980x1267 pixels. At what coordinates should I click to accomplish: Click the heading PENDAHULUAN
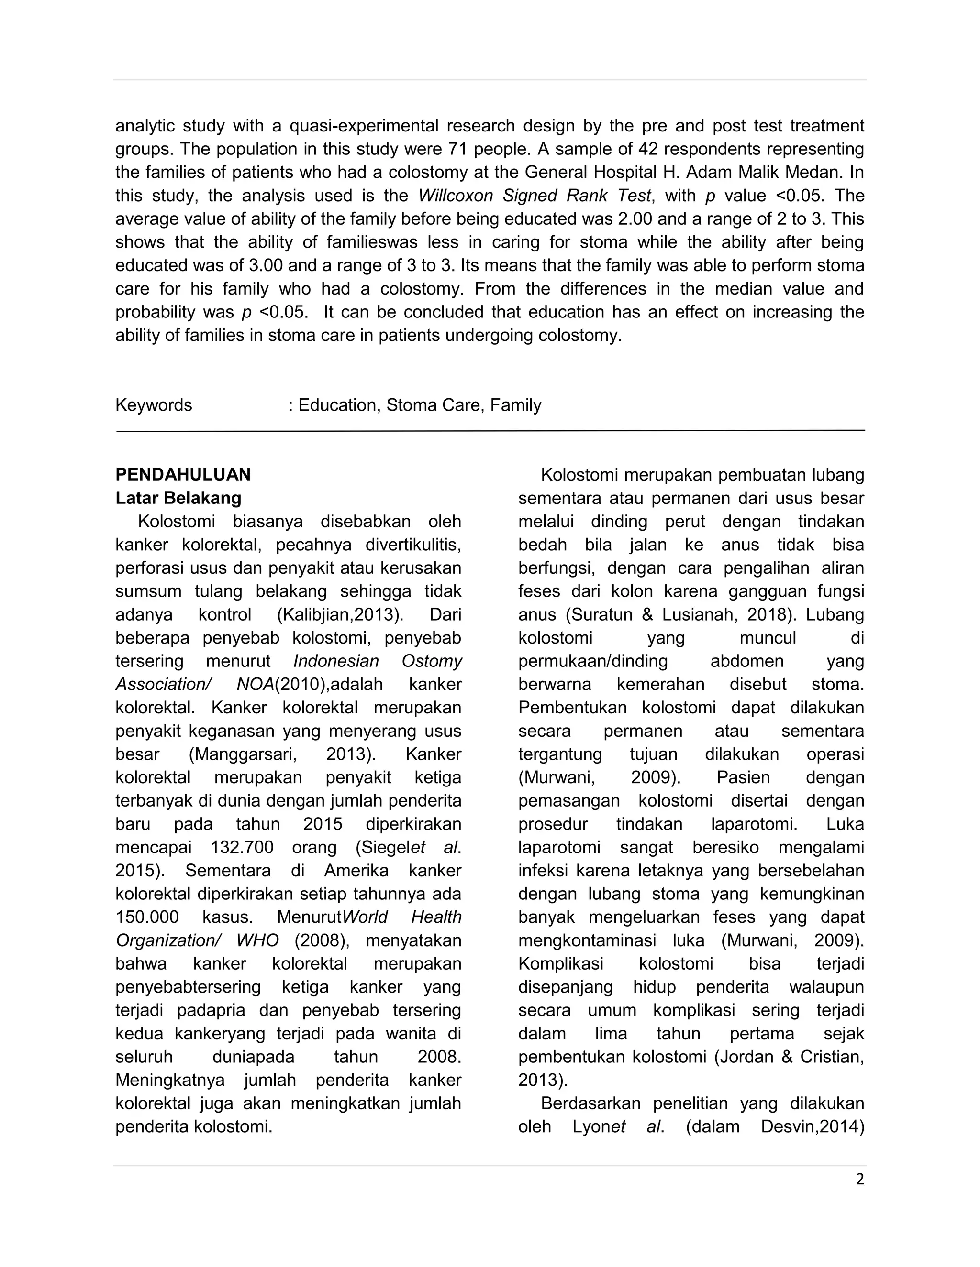pos(183,475)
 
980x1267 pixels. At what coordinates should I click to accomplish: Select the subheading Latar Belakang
pos(178,498)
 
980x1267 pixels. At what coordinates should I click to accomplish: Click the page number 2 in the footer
pos(860,1179)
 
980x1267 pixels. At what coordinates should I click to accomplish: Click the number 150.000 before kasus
pos(147,917)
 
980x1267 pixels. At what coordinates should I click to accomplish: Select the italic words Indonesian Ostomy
pos(378,661)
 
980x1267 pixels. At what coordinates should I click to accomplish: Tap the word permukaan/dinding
pos(593,661)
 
